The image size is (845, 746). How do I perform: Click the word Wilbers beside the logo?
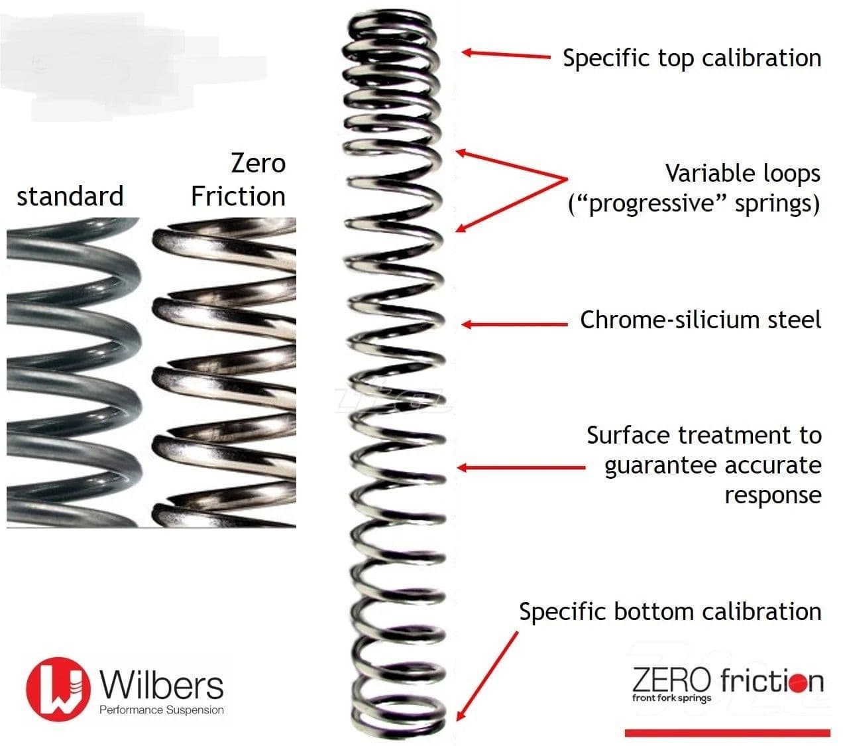click(162, 685)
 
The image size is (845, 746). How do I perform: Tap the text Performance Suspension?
click(162, 710)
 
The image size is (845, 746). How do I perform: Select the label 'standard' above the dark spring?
click(70, 196)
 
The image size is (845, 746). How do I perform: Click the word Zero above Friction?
click(258, 163)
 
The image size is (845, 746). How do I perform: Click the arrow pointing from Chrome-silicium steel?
click(515, 324)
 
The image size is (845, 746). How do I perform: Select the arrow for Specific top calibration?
click(506, 54)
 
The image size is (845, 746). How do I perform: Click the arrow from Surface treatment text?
click(522, 467)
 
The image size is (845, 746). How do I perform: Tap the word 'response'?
click(773, 495)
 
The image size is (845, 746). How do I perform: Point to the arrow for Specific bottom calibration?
click(487, 676)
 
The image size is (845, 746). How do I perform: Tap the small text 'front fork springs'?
click(671, 698)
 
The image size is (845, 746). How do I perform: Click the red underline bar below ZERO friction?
click(728, 733)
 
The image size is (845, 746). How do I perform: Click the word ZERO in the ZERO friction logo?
click(671, 680)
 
